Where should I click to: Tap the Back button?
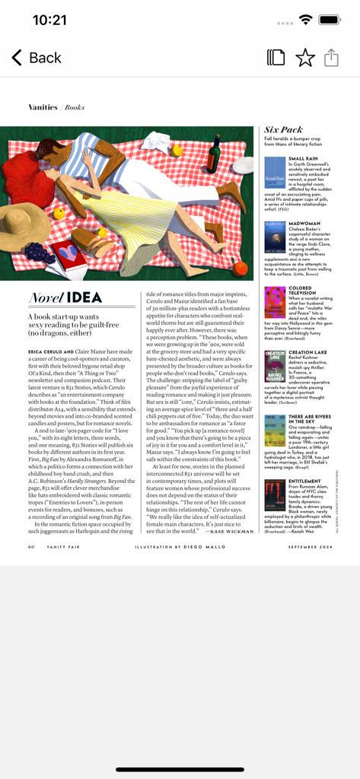click(x=36, y=58)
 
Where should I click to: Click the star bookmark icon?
click(x=304, y=58)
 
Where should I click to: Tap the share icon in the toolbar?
click(x=331, y=58)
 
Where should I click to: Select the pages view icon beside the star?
click(x=276, y=58)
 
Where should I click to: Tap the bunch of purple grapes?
click(x=40, y=253)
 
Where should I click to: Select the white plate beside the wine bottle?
click(x=244, y=165)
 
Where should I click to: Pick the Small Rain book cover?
click(x=275, y=173)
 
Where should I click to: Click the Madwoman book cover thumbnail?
click(x=275, y=237)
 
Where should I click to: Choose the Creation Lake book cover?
click(x=275, y=366)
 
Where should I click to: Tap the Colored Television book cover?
click(x=275, y=302)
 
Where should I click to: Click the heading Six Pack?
click(x=283, y=130)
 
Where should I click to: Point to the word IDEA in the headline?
click(x=84, y=297)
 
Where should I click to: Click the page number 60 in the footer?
click(x=31, y=546)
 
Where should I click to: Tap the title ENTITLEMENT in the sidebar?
click(x=304, y=481)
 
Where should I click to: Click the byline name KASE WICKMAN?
click(x=232, y=532)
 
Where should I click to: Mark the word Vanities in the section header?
click(x=43, y=107)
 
